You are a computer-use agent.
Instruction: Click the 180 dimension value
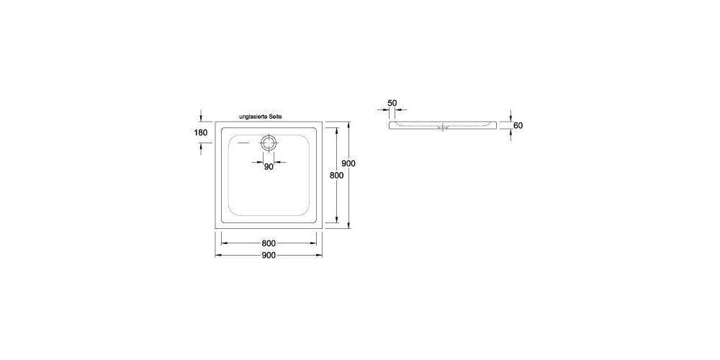pos(201,132)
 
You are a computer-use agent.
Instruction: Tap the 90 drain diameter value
pos(269,166)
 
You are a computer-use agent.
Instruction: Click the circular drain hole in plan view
pos(269,142)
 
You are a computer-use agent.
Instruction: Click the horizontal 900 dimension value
pos(269,256)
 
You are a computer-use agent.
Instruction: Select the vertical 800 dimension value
pos(336,175)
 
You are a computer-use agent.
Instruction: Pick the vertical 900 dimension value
pos(348,163)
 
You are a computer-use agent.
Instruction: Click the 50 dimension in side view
pos(392,103)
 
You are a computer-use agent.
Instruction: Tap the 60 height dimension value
pos(518,126)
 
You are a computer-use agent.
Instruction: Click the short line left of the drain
pos(243,142)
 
